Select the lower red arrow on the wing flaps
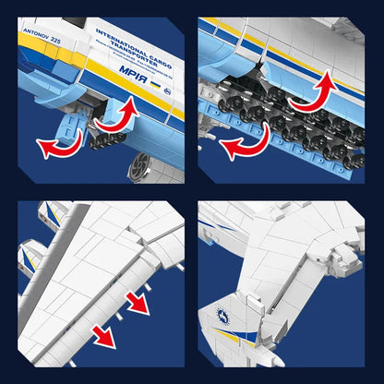coord(103,333)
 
